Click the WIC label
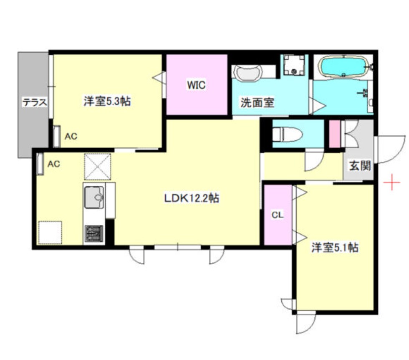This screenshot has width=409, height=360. [196, 85]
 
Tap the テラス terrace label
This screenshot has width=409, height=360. [33, 102]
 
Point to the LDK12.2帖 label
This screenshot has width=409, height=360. [191, 198]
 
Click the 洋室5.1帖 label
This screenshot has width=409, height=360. [334, 248]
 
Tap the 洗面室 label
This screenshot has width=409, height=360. [257, 102]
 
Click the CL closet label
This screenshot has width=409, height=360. [278, 215]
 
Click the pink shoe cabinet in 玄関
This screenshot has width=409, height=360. [335, 134]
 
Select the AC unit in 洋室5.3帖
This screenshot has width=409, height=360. [57, 136]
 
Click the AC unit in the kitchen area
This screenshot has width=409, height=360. [40, 164]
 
